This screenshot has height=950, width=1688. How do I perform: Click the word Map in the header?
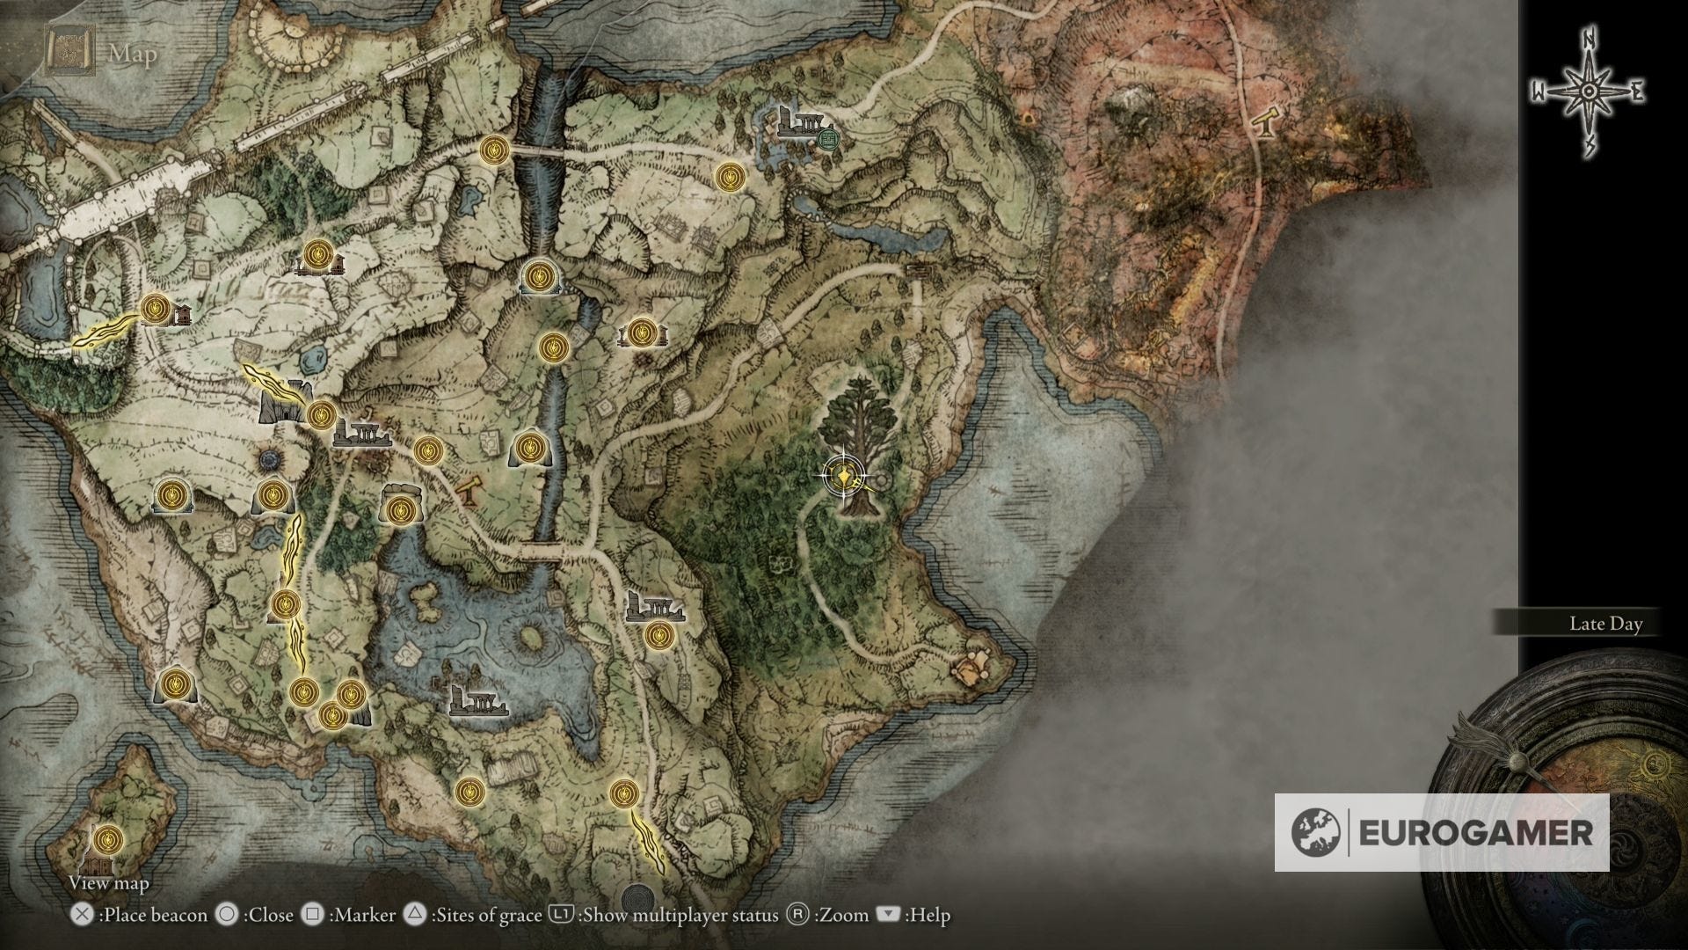click(134, 55)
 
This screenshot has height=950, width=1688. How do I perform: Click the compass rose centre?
click(1588, 91)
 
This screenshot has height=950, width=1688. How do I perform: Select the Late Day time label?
click(1605, 624)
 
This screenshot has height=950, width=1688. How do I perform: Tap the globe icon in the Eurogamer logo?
click(1316, 832)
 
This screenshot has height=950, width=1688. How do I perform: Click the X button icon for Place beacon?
click(82, 915)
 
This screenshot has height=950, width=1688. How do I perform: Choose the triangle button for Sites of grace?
click(415, 915)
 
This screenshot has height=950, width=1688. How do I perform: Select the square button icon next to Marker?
click(312, 915)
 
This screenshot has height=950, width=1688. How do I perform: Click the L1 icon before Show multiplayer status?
click(561, 915)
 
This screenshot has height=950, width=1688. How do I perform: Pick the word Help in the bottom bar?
click(930, 916)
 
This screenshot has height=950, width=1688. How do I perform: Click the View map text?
click(109, 882)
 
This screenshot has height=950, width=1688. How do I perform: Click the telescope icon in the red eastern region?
click(1266, 123)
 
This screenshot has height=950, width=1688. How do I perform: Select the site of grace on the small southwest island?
click(107, 840)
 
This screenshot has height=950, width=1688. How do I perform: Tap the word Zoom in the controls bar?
click(842, 916)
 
